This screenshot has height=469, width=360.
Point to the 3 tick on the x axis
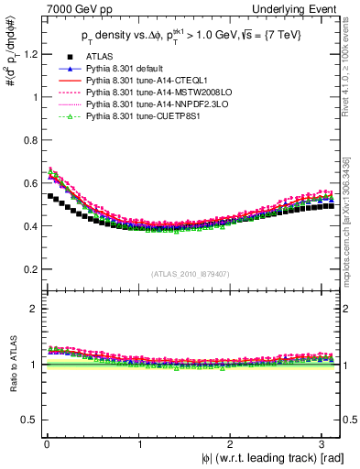328,444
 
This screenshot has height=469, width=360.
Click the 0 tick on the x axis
45,444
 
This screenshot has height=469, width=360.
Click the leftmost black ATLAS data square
49,196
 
